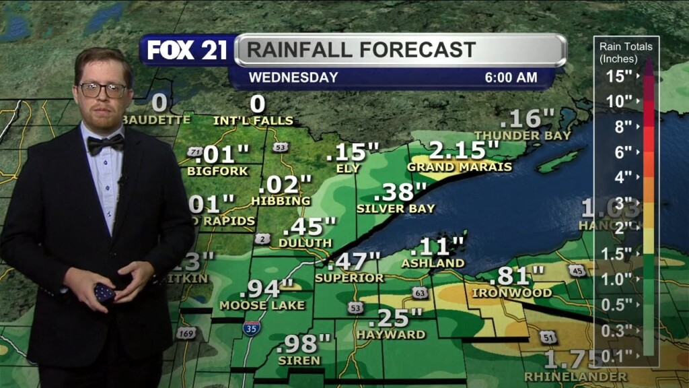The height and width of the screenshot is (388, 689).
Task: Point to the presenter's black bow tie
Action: pos(106,143)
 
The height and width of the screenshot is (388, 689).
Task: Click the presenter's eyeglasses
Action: pos(103,89)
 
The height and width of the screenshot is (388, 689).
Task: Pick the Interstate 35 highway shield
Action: pos(252,328)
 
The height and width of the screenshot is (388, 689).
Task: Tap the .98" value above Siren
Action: pos(305,344)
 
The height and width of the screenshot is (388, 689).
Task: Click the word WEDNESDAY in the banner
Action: pos(293,77)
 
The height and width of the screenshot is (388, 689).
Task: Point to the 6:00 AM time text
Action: pos(511,77)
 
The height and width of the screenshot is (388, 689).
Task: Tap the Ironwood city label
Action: pos(511,293)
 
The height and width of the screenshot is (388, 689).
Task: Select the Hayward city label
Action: pos(391,334)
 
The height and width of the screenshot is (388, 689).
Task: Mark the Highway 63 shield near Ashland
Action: pos(420,292)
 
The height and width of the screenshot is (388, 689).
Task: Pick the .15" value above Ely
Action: pos(352,152)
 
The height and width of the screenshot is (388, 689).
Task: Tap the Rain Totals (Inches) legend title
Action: pos(626,52)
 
